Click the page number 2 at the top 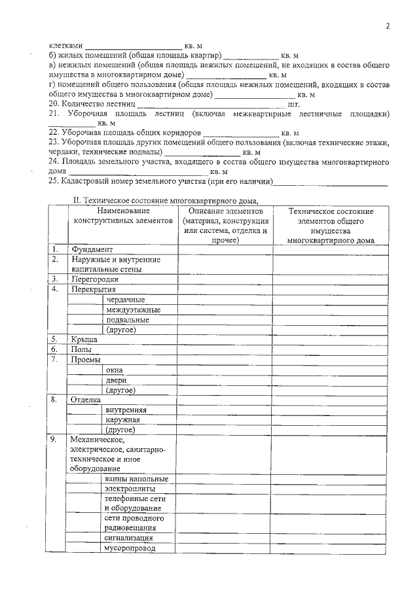coord(387,26)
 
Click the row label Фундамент coord(93,249)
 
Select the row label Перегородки coord(95,279)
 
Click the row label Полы coord(82,350)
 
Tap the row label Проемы coord(86,360)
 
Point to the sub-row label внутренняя coord(125,409)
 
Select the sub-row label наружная coord(123,419)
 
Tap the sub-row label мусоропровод coord(130,548)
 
